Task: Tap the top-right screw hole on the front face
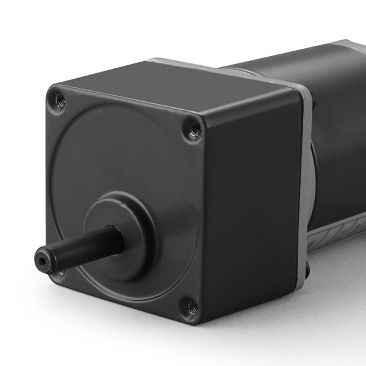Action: pyautogui.click(x=195, y=127)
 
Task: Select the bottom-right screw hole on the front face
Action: pyautogui.click(x=192, y=304)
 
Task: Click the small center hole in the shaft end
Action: pyautogui.click(x=41, y=260)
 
